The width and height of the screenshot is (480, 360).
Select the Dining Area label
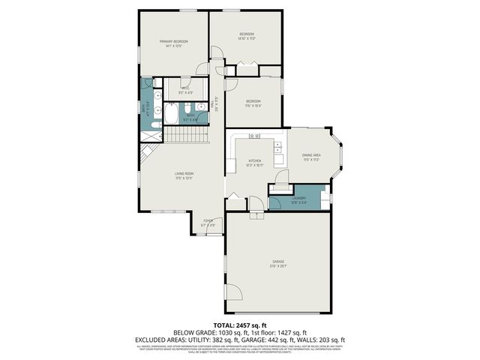coord(311,156)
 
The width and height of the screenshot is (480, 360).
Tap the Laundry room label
coord(299,198)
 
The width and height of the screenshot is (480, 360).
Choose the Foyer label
coord(208,222)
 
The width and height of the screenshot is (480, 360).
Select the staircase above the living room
coord(185,135)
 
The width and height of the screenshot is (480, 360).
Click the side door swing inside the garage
coord(235,293)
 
